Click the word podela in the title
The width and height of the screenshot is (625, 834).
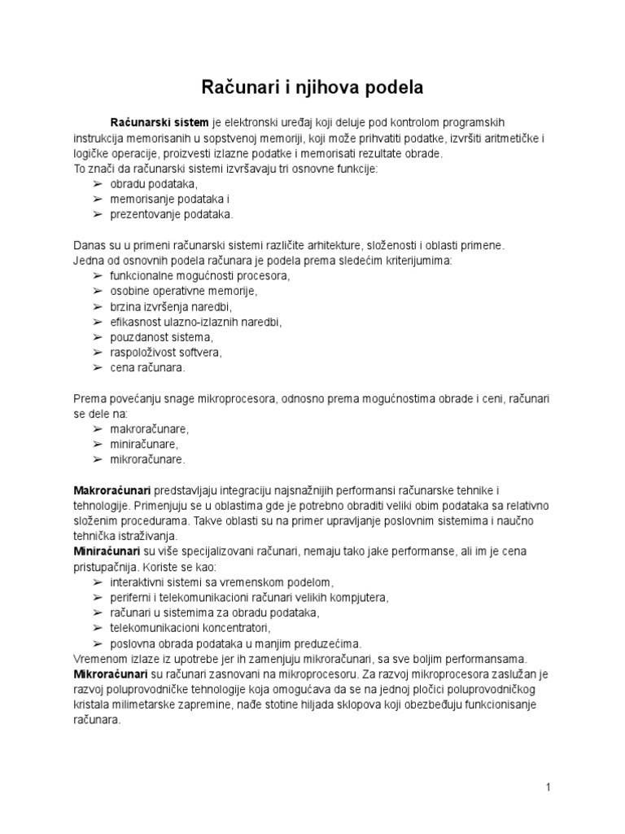point(387,86)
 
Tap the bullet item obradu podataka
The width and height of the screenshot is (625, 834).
point(154,184)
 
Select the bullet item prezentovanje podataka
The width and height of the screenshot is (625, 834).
point(171,214)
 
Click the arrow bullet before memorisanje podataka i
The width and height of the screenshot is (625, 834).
point(97,200)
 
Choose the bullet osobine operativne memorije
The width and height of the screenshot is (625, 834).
point(183,291)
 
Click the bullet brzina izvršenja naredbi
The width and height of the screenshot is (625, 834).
point(171,306)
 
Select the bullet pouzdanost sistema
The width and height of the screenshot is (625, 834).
point(160,337)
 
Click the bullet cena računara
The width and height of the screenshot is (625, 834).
point(147,367)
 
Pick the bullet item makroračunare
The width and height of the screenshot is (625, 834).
point(149,428)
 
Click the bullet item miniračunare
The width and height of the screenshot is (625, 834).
point(144,444)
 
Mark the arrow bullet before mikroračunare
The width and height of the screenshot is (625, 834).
point(97,459)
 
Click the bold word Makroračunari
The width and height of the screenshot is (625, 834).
point(112,489)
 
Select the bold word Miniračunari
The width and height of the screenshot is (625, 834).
point(107,551)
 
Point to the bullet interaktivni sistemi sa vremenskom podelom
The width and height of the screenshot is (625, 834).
point(222,582)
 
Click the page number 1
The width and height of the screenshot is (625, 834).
point(549,787)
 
